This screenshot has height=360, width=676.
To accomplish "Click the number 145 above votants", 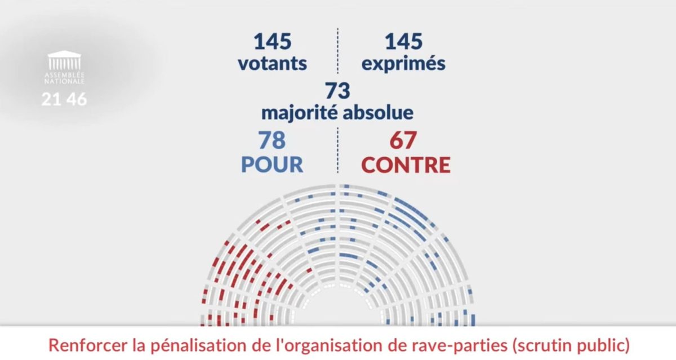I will [x=272, y=42].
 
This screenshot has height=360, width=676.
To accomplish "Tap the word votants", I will [x=272, y=63].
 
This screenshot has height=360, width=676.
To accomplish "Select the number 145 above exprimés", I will [x=403, y=42].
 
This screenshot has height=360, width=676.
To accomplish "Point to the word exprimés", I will [x=403, y=64].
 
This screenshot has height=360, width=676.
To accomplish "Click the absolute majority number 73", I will [x=337, y=91].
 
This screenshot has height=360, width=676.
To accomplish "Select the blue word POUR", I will [x=272, y=165].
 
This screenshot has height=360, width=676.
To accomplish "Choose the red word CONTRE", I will [x=406, y=165].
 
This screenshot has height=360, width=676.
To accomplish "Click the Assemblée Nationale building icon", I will [x=64, y=61].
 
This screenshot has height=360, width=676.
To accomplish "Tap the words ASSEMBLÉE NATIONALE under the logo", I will [x=64, y=78].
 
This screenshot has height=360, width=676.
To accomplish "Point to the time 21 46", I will [x=64, y=100].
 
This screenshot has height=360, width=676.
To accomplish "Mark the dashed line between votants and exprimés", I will [x=338, y=51].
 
